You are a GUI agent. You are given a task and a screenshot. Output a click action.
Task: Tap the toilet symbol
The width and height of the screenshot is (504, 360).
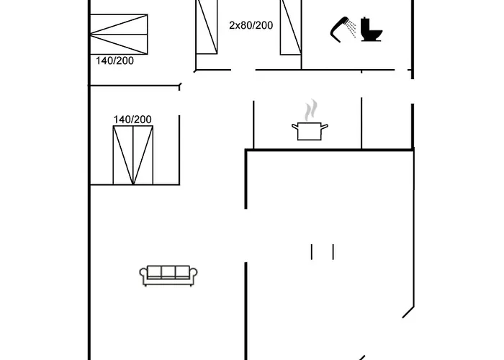point(372,30)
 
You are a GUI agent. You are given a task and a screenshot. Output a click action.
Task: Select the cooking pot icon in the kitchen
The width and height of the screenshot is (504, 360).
point(310,131)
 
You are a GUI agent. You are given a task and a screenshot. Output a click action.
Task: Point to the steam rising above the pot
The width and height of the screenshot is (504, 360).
point(311,110)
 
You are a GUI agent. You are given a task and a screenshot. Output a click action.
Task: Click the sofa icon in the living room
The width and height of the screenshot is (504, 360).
point(168,276)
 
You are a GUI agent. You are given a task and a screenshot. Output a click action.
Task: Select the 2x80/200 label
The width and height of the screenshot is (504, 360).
point(251,25)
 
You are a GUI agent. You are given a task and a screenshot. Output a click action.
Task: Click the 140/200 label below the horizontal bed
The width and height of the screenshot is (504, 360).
point(114,60)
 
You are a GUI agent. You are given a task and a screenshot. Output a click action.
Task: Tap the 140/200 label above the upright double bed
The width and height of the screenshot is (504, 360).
point(132,120)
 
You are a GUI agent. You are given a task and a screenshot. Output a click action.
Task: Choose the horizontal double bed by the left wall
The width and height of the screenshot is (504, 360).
point(119,35)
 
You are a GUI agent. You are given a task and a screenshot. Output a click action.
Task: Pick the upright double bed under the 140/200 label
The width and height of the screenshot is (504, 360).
point(133,156)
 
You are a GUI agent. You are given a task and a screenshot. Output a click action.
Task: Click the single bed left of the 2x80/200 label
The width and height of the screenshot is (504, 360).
point(207,27)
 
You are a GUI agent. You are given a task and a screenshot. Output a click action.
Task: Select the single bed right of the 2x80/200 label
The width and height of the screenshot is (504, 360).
point(291,27)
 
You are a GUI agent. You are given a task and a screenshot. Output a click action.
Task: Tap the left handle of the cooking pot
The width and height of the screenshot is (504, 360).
point(294,127)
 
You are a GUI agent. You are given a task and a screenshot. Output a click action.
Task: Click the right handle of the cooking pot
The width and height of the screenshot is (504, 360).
point(325,127)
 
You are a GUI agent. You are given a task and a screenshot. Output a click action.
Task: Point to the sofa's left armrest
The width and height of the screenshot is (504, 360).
point(143,275)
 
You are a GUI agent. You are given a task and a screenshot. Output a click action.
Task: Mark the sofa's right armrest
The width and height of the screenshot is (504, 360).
point(194,275)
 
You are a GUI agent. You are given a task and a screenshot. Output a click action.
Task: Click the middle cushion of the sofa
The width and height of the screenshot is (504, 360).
point(168,272)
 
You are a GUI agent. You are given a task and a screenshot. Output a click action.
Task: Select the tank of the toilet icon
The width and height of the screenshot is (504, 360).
point(366,24)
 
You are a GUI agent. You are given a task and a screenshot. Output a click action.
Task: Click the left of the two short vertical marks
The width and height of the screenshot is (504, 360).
point(312,252)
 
